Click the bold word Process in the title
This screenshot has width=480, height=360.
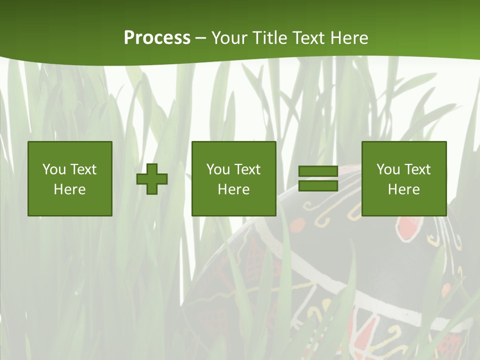(157, 38)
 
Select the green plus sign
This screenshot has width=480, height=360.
(152, 179)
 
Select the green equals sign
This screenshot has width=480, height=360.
(318, 178)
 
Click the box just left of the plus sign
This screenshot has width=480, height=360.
(70, 179)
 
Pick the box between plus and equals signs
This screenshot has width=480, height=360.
(233, 179)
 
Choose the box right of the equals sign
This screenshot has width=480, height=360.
(403, 179)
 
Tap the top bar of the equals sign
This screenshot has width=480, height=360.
(318, 171)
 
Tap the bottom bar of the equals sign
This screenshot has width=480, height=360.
(318, 186)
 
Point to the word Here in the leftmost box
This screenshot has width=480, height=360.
(70, 189)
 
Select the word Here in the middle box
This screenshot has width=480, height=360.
(233, 189)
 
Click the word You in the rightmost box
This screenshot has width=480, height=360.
(388, 169)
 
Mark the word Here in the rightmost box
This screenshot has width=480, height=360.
(403, 189)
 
